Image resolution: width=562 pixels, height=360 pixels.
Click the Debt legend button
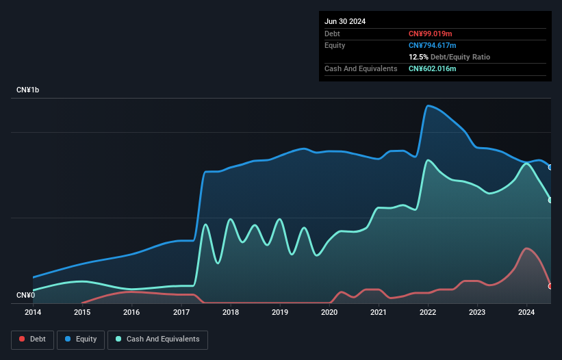[32, 339]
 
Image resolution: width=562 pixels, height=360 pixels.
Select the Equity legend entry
[81, 339]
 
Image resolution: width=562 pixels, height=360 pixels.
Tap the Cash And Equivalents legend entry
[157, 339]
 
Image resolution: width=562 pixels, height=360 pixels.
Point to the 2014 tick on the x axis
[33, 312]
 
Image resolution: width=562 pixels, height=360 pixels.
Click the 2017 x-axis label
[181, 312]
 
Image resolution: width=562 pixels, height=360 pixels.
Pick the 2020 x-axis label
[329, 312]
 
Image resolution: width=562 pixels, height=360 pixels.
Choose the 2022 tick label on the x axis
[428, 312]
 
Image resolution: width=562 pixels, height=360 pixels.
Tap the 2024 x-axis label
[526, 312]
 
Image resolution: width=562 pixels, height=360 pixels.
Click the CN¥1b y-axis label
[28, 90]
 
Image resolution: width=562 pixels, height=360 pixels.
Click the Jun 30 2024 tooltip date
[345, 21]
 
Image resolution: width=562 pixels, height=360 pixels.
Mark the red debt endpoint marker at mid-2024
[550, 286]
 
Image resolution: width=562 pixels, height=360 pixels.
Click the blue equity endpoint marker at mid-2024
[550, 167]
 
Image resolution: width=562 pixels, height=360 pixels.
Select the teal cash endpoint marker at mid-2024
[550, 201]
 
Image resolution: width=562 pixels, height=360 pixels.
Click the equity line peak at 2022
[428, 105]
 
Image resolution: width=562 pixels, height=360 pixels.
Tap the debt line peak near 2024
[526, 248]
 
